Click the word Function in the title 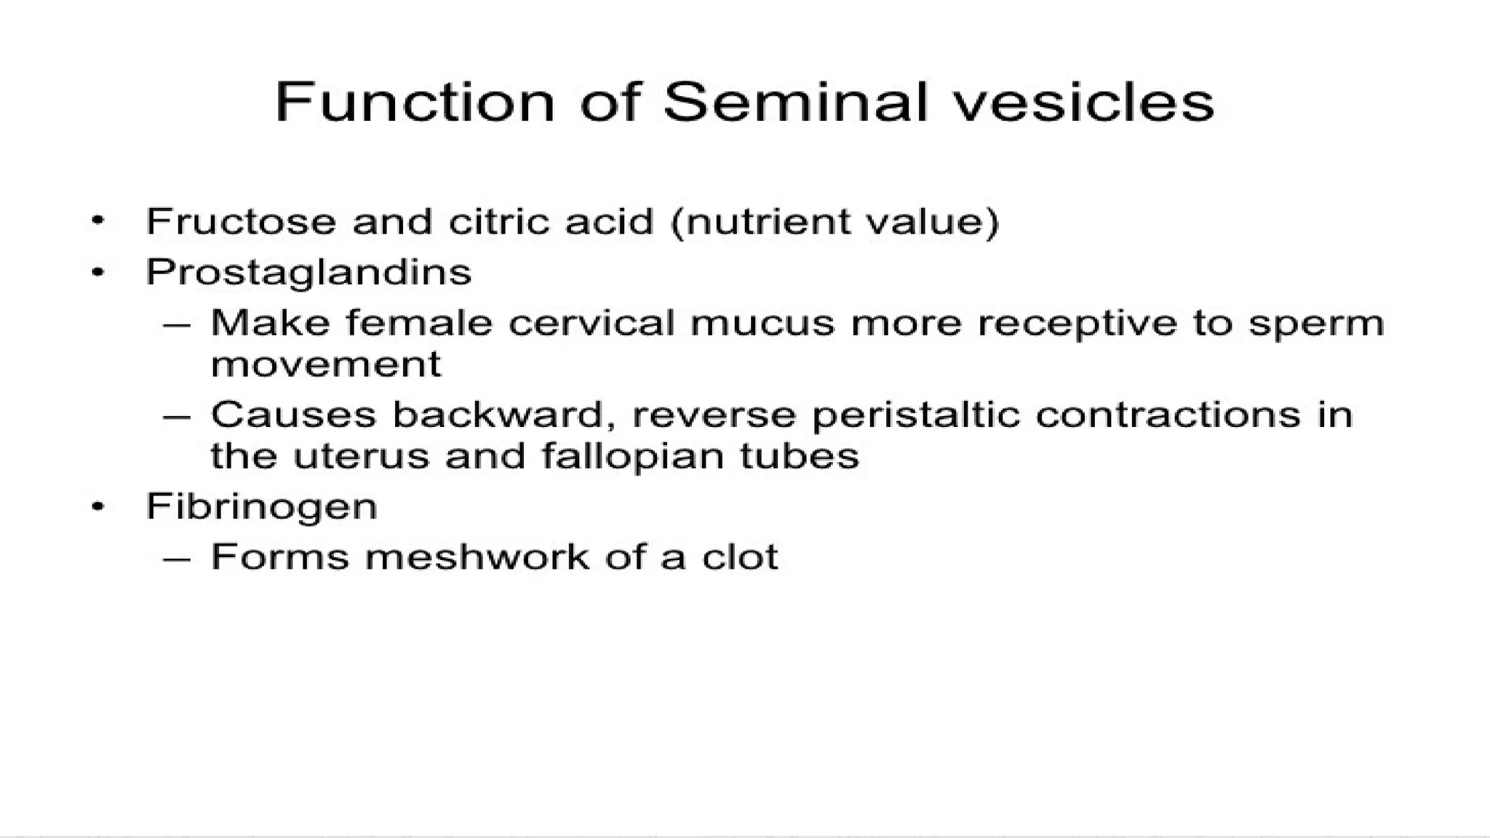[415, 102]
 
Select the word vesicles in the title [1084, 102]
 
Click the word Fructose [241, 221]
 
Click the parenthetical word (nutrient [750, 221]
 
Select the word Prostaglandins [308, 273]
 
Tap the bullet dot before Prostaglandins [98, 274]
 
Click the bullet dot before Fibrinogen [98, 508]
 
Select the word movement [325, 364]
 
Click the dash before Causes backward [177, 416]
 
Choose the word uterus [361, 457]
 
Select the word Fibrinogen [262, 506]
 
